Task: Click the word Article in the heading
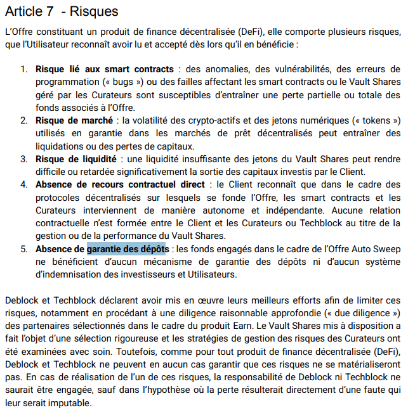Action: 25,11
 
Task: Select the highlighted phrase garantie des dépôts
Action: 127,249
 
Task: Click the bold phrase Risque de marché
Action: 74,120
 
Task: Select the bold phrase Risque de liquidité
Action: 76,159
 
